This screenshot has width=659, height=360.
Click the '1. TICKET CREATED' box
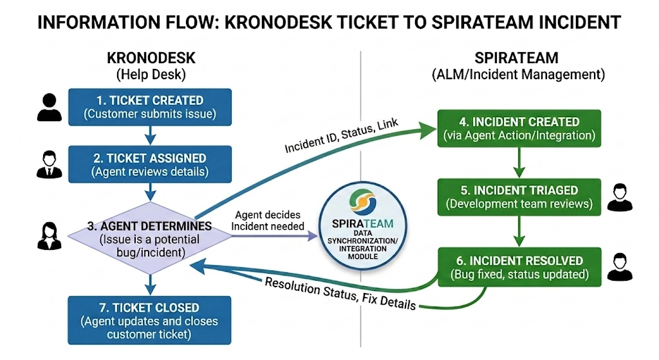(150, 107)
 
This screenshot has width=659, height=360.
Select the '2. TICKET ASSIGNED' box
(150, 164)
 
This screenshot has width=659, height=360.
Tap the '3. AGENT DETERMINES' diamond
(150, 239)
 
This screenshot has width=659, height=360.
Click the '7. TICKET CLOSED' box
(150, 320)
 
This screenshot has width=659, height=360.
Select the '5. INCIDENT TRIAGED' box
(519, 197)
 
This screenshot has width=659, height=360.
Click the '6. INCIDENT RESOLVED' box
(519, 267)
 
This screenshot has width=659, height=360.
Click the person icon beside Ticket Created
(50, 108)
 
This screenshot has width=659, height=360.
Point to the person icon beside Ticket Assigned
(50, 165)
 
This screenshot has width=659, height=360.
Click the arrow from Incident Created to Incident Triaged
(519, 161)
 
